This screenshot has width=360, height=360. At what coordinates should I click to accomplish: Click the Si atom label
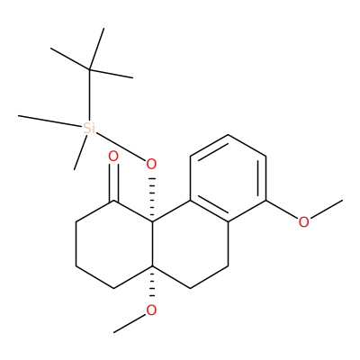click(89, 129)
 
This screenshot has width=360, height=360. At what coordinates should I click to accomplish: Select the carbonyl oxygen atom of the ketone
click(113, 157)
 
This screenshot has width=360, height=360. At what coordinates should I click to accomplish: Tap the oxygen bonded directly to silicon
click(151, 164)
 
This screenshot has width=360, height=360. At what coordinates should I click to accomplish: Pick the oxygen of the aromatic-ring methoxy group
click(303, 222)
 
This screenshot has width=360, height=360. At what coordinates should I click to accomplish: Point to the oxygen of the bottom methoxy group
click(151, 310)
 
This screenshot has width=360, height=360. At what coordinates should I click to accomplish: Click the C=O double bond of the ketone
click(114, 182)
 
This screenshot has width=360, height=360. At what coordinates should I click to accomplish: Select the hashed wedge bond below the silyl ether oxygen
click(152, 199)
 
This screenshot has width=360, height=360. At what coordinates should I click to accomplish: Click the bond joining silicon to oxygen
click(121, 147)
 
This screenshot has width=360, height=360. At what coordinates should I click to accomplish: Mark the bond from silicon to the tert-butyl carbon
click(89, 95)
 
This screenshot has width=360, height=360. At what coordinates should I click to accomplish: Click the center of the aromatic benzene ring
click(228, 178)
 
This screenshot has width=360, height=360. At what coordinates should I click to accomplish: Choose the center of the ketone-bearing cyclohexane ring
click(114, 244)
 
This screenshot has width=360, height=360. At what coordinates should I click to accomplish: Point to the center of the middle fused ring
click(190, 244)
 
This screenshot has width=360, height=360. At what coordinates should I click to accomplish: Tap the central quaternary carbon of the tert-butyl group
click(89, 69)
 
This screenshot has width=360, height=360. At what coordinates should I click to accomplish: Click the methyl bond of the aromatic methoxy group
click(326, 209)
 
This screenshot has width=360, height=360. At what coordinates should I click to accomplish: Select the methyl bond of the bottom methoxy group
click(130, 323)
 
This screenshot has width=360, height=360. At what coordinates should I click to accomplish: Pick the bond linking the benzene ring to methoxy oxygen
click(282, 210)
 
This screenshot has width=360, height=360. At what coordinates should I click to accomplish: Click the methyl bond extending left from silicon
click(50, 121)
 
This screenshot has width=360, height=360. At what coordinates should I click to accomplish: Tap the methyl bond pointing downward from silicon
click(80, 153)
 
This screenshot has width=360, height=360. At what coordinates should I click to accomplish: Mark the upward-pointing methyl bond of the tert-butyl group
click(96, 49)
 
